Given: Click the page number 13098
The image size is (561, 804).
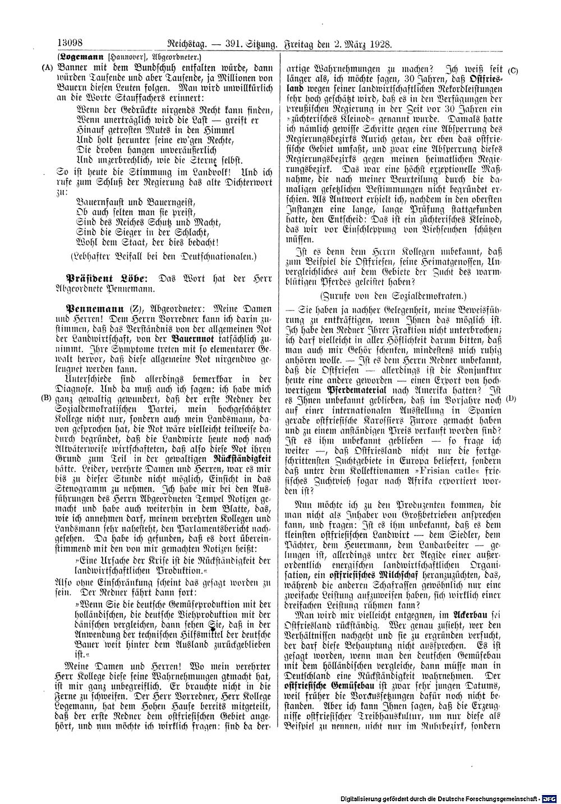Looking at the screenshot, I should click(x=70, y=43).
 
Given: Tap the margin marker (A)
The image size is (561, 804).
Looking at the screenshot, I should click(x=45, y=67).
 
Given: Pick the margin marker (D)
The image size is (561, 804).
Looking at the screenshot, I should click(x=510, y=399).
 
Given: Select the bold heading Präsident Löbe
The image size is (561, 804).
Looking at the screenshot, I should click(x=107, y=278).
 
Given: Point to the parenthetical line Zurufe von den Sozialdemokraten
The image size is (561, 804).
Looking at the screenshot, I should click(x=392, y=295).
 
